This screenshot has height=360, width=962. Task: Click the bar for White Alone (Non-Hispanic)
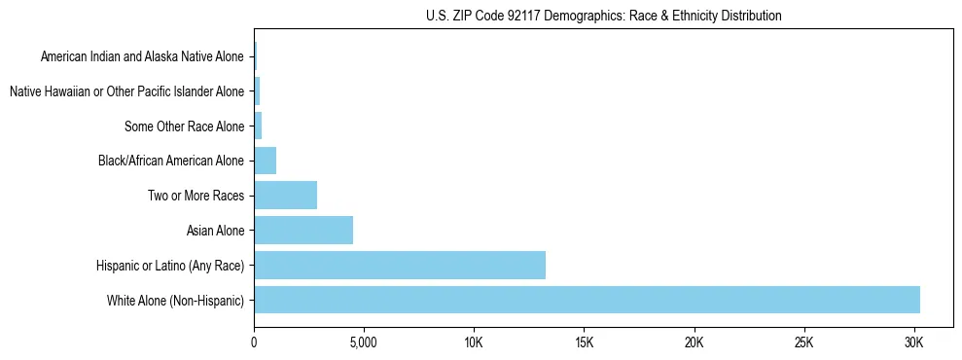tap(587, 300)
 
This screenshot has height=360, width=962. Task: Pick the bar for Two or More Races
tap(285, 196)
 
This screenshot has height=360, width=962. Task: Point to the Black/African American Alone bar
tap(265, 161)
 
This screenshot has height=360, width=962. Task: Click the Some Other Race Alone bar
tap(258, 126)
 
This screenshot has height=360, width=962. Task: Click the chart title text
tap(603, 16)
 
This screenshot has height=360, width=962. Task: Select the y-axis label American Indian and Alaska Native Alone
tap(142, 56)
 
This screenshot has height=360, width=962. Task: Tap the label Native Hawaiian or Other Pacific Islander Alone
tap(126, 91)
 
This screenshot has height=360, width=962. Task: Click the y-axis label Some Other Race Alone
tap(185, 126)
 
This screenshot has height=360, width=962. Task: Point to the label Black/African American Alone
tap(171, 161)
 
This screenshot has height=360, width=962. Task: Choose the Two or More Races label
tap(196, 196)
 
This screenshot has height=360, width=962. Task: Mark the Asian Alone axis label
tap(215, 231)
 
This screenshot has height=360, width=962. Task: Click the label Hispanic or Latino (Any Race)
tap(170, 266)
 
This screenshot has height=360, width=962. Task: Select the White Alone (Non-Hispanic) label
tap(176, 301)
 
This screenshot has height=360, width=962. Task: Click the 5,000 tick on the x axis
tap(363, 343)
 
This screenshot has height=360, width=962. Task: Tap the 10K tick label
tap(474, 343)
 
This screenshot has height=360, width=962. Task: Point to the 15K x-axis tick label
tap(584, 343)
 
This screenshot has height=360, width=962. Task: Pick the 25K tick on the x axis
tap(803, 343)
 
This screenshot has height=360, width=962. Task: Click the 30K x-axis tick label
tap(913, 343)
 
